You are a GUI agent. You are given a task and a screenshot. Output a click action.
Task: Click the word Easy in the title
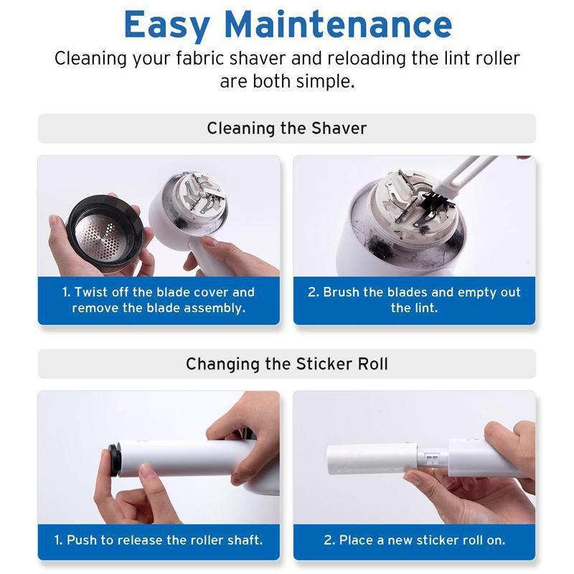(167, 24)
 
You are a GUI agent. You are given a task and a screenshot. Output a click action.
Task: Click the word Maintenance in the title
(338, 24)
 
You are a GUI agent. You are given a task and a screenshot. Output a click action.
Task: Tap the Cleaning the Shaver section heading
(286, 128)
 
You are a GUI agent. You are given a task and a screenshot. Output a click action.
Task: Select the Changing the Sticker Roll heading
(286, 364)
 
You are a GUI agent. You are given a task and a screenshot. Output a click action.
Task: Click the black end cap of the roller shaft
(114, 460)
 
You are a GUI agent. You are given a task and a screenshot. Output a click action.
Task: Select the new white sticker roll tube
(372, 459)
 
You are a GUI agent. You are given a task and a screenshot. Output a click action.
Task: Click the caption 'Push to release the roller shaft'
(159, 540)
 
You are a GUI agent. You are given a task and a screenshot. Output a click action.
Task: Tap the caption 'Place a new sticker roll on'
(415, 540)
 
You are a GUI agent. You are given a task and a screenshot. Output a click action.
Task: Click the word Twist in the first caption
(91, 292)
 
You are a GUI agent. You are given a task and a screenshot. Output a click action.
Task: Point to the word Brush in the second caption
(342, 292)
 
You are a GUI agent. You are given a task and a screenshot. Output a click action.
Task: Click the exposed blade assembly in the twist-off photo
(199, 193)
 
